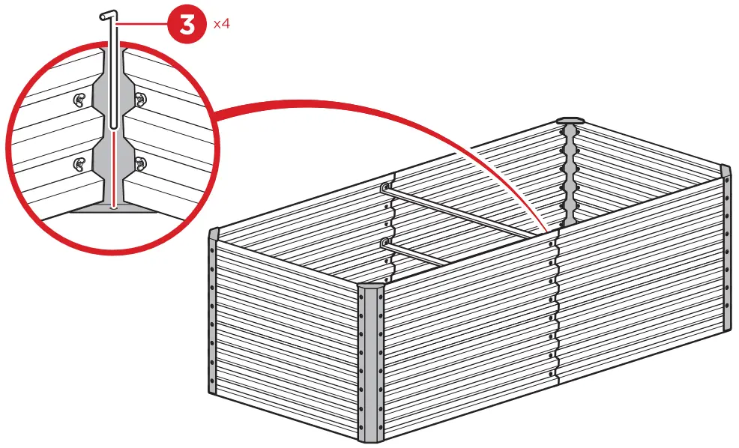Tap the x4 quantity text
point(221,24)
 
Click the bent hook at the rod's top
point(108,15)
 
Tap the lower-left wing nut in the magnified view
point(78,163)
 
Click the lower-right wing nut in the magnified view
point(141,163)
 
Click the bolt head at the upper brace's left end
point(385,188)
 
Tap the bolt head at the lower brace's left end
point(385,242)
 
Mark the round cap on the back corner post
point(571,120)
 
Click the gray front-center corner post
point(372,363)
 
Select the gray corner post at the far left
point(212,315)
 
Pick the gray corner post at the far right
point(725,247)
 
